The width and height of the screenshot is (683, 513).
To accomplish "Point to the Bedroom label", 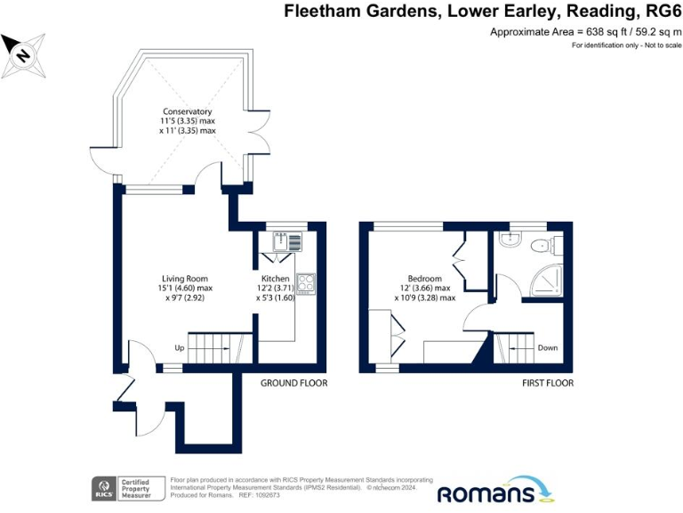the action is [425, 279].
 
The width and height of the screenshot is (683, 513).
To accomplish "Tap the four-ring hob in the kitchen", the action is [305, 283].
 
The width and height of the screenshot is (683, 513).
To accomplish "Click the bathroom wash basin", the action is [508, 240].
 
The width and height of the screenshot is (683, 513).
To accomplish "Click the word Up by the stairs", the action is [179, 347].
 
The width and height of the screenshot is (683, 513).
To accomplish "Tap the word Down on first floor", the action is [548, 347].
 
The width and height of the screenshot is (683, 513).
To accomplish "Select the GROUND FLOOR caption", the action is [293, 383].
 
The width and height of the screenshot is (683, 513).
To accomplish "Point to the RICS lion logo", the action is [102, 488].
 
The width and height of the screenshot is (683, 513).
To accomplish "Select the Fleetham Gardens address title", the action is [480, 12].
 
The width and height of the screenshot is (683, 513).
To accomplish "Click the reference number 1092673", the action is [269, 495].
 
